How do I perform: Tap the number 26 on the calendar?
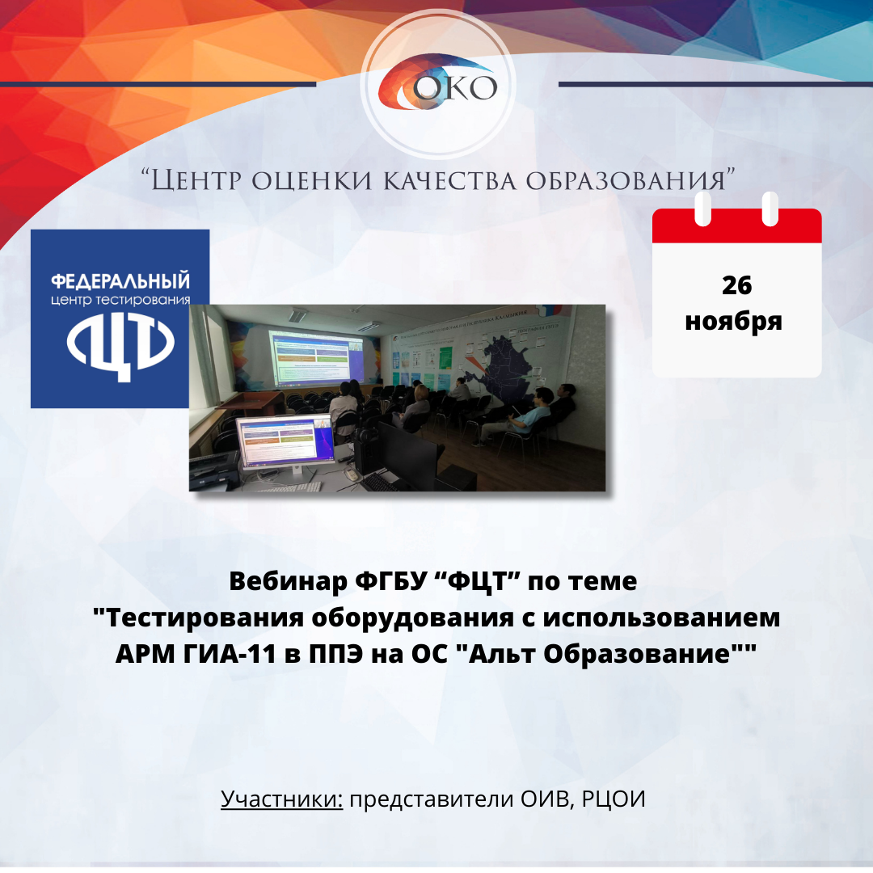736,285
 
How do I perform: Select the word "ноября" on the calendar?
733,321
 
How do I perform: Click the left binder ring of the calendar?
703,209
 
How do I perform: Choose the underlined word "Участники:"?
282,799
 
